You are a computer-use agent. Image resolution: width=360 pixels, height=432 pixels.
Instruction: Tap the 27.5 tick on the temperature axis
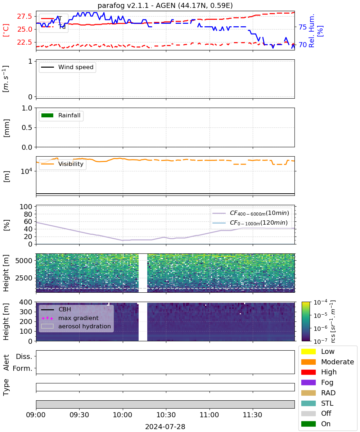click(x=24, y=16)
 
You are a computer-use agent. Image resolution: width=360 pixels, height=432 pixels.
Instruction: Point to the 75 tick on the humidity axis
click(x=302, y=27)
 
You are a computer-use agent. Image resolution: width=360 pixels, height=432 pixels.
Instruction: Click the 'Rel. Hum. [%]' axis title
click(x=315, y=31)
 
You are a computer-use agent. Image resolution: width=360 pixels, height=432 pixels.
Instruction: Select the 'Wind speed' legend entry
click(x=67, y=67)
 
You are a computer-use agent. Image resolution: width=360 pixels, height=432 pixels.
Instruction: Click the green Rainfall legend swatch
click(x=48, y=116)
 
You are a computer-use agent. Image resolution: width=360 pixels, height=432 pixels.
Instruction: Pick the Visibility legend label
click(x=71, y=164)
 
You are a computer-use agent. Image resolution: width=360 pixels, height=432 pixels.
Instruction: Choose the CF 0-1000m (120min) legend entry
click(x=250, y=222)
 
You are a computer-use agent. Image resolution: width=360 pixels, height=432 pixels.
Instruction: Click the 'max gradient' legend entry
click(x=70, y=318)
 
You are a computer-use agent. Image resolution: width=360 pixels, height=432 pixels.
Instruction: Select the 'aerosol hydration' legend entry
click(x=76, y=326)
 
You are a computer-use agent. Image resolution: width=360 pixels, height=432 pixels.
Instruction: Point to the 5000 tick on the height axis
click(x=24, y=261)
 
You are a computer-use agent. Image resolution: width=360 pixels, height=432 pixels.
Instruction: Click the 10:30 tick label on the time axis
click(x=166, y=415)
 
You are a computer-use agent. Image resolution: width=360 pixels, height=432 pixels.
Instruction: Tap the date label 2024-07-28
click(x=165, y=427)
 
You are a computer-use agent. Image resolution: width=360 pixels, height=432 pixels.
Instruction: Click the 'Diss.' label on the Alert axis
click(x=24, y=356)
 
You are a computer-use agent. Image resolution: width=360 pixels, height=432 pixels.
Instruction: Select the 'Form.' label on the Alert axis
click(x=23, y=368)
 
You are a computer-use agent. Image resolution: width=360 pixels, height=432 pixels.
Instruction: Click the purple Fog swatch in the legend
click(x=308, y=382)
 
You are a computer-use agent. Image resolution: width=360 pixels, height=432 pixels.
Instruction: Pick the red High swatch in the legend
click(x=308, y=372)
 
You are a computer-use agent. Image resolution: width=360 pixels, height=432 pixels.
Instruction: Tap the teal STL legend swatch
click(x=308, y=403)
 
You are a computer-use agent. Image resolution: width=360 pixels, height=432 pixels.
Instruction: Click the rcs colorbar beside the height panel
click(x=306, y=321)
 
